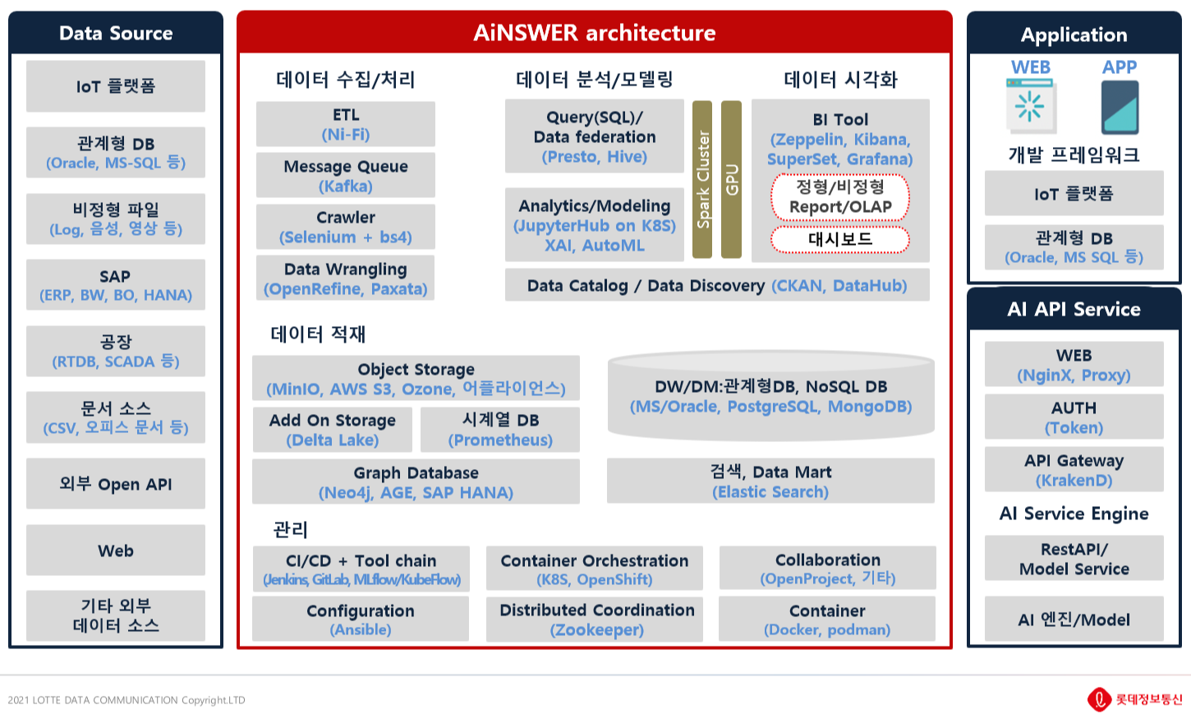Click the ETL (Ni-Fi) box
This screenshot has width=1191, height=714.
[x=345, y=124]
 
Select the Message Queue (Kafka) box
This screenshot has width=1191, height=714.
[x=345, y=176]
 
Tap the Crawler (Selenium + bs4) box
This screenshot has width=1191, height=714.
[x=345, y=227]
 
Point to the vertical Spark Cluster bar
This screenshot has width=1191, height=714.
[x=702, y=179]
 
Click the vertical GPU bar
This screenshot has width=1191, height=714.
[x=731, y=179]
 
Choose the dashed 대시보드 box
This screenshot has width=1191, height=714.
[x=839, y=239]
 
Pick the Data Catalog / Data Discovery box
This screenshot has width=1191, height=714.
[x=716, y=285]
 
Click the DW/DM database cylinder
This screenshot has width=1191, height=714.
[x=770, y=396]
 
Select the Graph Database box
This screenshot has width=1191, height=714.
[x=416, y=482]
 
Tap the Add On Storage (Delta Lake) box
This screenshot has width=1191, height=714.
[x=332, y=430]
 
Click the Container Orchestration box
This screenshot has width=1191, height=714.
[x=594, y=569]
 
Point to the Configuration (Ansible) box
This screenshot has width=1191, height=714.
[x=360, y=619]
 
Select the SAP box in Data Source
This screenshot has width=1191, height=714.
[x=115, y=285]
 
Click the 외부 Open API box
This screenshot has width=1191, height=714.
[x=115, y=484]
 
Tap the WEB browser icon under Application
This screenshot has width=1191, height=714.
[x=1031, y=107]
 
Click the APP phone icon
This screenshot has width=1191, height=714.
[x=1120, y=107]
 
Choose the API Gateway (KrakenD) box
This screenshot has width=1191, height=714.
[x=1074, y=470]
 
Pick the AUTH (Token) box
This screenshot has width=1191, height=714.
[x=1074, y=417]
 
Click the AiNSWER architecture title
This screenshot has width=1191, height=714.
[x=594, y=33]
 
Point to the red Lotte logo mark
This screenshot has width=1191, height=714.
[x=1099, y=699]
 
